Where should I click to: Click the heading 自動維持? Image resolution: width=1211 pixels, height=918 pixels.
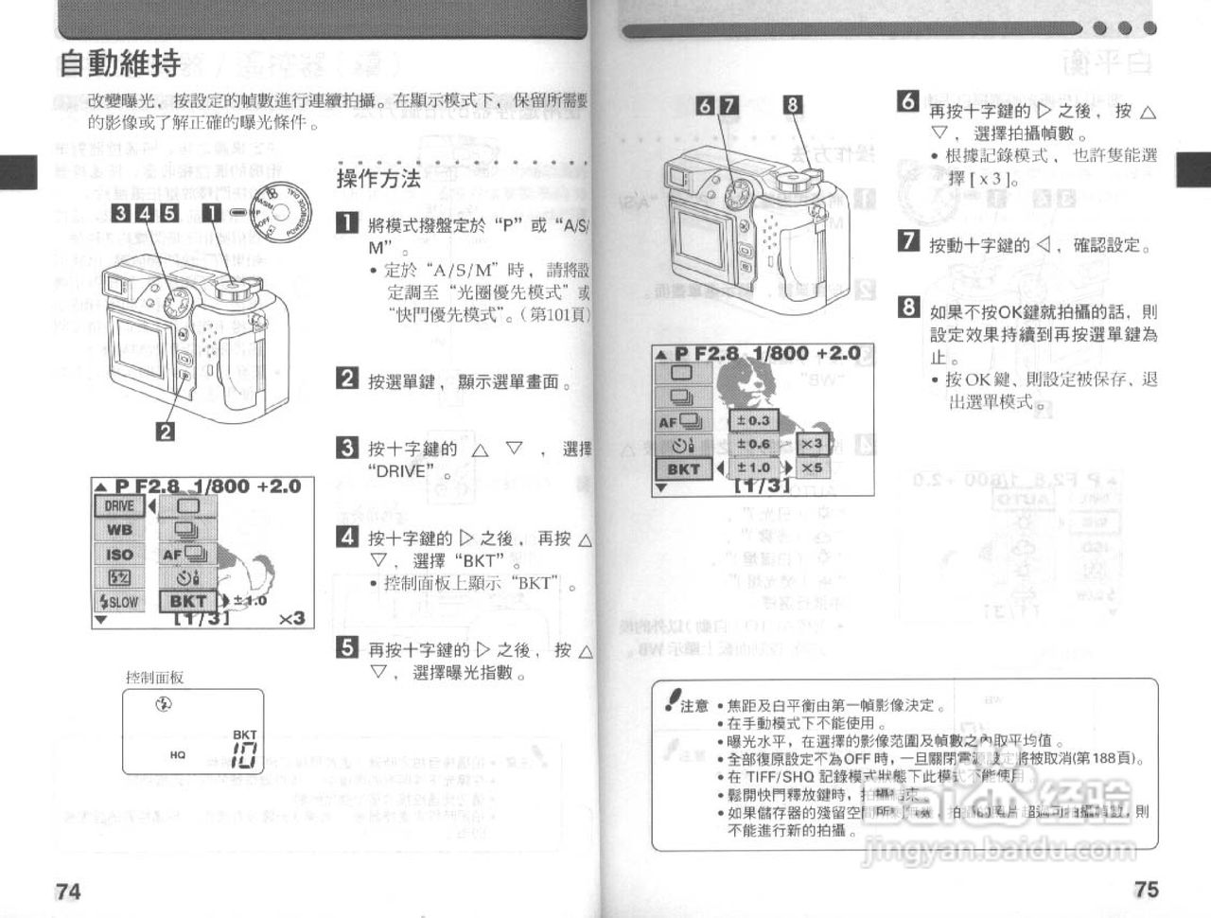119,64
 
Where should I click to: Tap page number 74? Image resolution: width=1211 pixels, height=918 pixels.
68,891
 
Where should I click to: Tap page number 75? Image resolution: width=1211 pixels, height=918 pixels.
1146,890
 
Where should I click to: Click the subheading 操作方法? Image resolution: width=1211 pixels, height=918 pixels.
378,178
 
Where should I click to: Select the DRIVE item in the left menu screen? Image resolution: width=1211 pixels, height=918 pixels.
119,506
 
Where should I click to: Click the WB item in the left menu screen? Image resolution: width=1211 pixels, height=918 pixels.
119,530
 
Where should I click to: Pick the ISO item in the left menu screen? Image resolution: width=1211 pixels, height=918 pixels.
119,555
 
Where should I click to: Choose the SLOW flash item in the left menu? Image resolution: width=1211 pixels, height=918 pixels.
119,602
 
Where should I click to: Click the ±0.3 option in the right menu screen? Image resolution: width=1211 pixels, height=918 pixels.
754,420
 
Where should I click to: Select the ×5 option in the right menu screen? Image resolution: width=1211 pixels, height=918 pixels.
812,468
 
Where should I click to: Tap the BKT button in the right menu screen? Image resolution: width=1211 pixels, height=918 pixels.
683,468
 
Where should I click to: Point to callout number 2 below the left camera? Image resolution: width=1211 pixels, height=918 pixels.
165,432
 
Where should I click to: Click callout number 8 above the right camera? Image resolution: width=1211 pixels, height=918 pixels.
793,105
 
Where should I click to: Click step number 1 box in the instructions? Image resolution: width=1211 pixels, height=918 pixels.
348,224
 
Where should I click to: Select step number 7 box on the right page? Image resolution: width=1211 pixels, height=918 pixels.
908,241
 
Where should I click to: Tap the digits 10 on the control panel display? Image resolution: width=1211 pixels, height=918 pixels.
244,755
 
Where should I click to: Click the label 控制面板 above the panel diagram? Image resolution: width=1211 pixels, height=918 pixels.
154,678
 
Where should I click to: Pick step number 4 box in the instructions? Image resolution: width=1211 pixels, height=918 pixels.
348,537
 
